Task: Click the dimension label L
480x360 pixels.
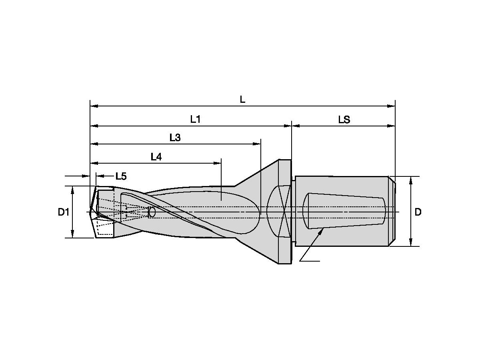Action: point(242,100)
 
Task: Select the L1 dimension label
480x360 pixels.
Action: point(195,119)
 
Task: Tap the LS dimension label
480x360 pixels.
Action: point(344,120)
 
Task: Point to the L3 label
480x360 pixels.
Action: point(175,138)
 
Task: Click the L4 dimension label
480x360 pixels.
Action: point(156,157)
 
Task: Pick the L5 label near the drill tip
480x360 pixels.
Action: point(121,176)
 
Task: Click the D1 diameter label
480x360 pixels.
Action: point(64,212)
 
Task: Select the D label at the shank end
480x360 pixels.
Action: point(418,212)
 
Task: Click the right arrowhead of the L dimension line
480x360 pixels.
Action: point(392,106)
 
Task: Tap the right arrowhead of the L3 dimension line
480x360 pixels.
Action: point(258,144)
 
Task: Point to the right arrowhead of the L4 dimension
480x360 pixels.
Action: point(218,163)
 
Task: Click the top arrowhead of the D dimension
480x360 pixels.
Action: point(411,180)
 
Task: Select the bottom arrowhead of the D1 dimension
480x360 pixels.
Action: point(72,235)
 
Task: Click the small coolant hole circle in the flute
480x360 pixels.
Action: point(152,212)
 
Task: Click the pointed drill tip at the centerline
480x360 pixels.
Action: point(91,212)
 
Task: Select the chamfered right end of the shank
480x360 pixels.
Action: point(393,212)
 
